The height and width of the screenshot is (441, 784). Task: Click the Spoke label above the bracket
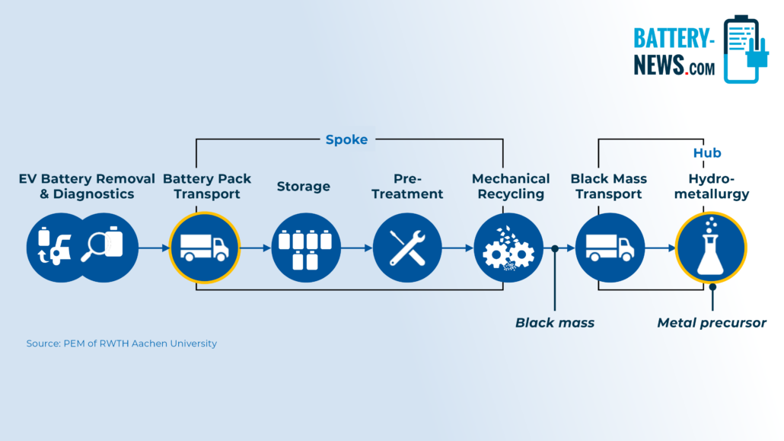tap(346, 139)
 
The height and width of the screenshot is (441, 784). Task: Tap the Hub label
tap(707, 152)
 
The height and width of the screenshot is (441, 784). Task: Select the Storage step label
tap(304, 186)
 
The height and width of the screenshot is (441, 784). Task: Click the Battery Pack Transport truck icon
tap(204, 248)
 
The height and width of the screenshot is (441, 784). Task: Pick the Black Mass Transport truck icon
tap(610, 248)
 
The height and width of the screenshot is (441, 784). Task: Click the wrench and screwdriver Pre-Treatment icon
tap(407, 248)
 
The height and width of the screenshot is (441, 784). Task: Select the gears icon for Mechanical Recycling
tap(508, 248)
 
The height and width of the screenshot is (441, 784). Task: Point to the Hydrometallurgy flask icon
tap(711, 248)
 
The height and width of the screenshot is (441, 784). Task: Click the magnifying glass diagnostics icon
tap(102, 244)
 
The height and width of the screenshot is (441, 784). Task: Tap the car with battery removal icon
tap(54, 246)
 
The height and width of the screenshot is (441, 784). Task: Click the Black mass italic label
tap(555, 323)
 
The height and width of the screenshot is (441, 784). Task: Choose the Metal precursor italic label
tap(712, 323)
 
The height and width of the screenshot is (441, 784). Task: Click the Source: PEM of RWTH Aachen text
tap(122, 344)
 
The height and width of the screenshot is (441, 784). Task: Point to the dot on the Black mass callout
tap(554, 248)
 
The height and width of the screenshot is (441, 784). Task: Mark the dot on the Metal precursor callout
tap(712, 287)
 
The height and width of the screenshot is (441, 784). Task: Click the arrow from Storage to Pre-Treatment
tap(356, 248)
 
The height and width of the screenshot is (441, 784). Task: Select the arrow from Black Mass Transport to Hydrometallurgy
tap(660, 248)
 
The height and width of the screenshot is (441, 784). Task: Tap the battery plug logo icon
tap(746, 49)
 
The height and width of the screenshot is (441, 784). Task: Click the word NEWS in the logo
tap(658, 65)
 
